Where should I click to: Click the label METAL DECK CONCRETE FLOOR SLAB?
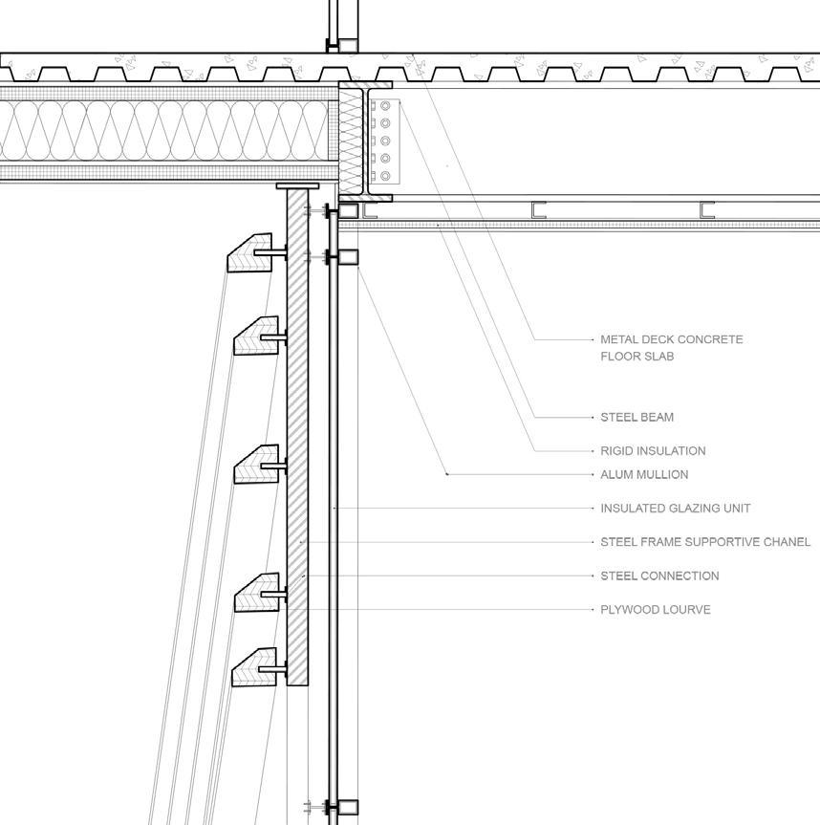(671, 347)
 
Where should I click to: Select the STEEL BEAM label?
(637, 417)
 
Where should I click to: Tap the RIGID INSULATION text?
(653, 450)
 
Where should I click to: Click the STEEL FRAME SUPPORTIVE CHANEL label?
(705, 542)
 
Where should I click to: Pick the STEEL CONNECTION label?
(659, 575)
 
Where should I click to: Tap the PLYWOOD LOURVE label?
(655, 609)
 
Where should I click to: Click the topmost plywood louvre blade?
(250, 253)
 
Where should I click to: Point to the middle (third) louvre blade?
(256, 465)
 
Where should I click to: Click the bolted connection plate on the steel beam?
(384, 141)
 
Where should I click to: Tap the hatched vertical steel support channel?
(297, 430)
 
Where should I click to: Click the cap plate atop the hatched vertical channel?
(297, 185)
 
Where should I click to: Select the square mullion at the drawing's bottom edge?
(348, 808)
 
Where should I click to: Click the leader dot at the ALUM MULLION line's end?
(447, 474)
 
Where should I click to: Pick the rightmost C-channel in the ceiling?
(707, 210)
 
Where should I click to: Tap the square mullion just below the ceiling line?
(348, 256)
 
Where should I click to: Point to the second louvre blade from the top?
(256, 336)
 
